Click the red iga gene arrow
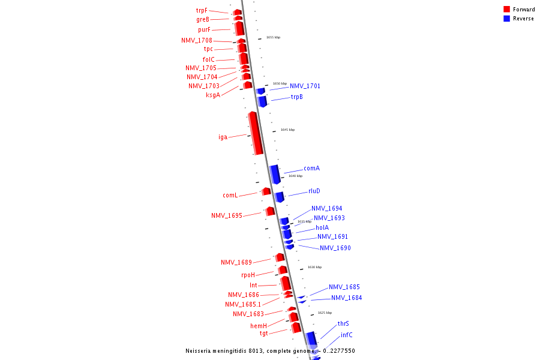pos(256,133)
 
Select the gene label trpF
pos(202,11)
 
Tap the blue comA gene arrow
pos(275,174)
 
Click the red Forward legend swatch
pos(507,10)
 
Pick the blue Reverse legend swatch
pos(507,19)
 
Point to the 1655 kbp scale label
pos(273,37)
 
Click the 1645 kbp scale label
pos(287,130)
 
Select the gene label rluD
pos(314,191)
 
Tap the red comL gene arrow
pos(266,191)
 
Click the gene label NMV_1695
pos(227,215)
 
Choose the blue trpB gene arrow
pos(262,101)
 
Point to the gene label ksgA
pos(213,94)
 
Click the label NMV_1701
pos(305,86)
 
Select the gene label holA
pos(322,228)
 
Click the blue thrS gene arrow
pos(311,338)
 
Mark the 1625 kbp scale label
pos(325,313)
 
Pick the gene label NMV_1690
pos(335,248)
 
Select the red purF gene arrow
pos(239,28)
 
